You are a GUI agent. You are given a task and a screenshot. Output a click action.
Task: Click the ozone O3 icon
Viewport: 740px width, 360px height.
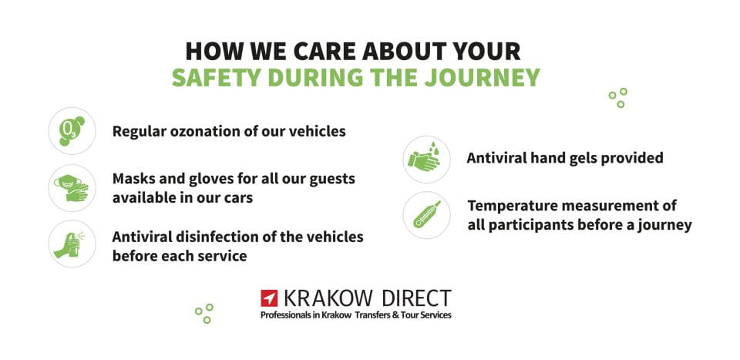[72, 130]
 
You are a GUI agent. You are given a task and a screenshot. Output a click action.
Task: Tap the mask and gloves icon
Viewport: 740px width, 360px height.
[72, 187]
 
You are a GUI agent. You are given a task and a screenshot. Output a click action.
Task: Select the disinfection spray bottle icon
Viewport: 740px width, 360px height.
[72, 244]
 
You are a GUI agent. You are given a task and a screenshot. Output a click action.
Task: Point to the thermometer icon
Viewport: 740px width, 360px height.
[426, 215]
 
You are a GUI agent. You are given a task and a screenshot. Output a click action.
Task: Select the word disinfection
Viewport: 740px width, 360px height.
[213, 236]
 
